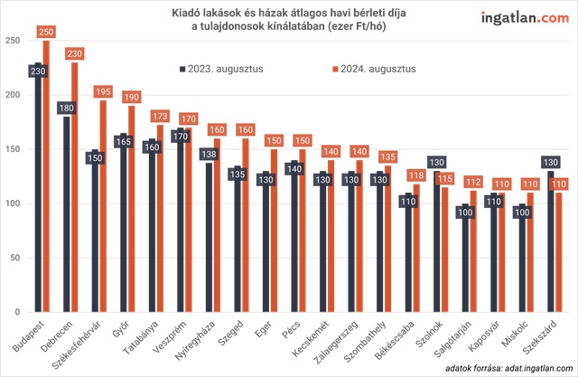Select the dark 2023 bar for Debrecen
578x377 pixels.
pos(67,217)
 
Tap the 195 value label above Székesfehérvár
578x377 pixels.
pos(104,92)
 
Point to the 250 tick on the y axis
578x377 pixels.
pos(13,42)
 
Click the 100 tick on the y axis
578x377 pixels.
pos(13,204)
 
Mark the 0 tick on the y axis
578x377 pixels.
pos(16,313)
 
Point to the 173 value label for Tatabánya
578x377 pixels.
pos(162,117)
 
